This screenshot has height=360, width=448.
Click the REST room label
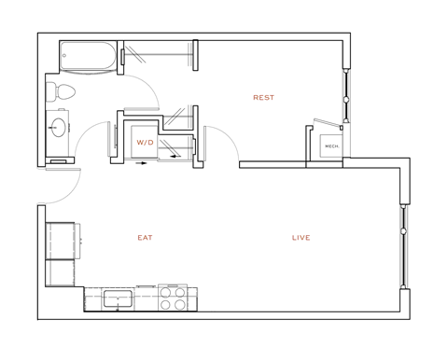click(263, 97)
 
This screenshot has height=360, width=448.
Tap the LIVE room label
click(301, 238)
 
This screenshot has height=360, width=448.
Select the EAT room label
click(145, 238)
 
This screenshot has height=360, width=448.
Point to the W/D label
click(145, 143)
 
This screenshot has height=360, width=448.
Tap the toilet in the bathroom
click(62, 91)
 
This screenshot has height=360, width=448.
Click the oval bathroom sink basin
click(61, 128)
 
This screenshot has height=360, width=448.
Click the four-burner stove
click(172, 298)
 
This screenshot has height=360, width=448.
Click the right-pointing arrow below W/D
click(142, 162)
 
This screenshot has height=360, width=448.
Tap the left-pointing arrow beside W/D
click(174, 157)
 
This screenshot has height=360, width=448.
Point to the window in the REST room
click(345, 96)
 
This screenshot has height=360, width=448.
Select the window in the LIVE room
click(404, 247)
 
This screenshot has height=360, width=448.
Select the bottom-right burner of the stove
click(178, 304)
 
